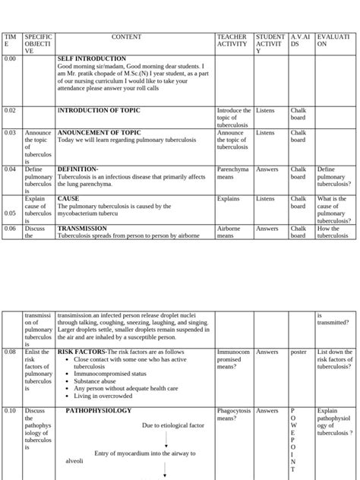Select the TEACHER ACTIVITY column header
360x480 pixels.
(x=232, y=40)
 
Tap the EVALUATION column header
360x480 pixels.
(x=333, y=40)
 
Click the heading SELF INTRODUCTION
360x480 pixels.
(x=92, y=58)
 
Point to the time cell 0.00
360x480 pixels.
(x=10, y=58)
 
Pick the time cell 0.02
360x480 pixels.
(x=10, y=111)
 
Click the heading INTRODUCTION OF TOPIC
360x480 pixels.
(x=99, y=111)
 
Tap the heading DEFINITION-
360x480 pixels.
(x=77, y=169)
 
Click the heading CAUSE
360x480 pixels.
(x=68, y=199)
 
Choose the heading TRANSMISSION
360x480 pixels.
(x=82, y=229)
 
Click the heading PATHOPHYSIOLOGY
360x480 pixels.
(x=98, y=411)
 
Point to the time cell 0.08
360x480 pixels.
(x=10, y=352)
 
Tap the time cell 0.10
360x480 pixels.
(x=10, y=411)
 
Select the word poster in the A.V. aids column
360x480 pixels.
(x=297, y=352)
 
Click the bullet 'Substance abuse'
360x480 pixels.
(x=99, y=381)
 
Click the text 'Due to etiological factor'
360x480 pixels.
(x=172, y=425)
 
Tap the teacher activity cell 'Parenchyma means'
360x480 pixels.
(x=232, y=173)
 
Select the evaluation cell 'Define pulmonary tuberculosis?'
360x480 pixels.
(x=333, y=177)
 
